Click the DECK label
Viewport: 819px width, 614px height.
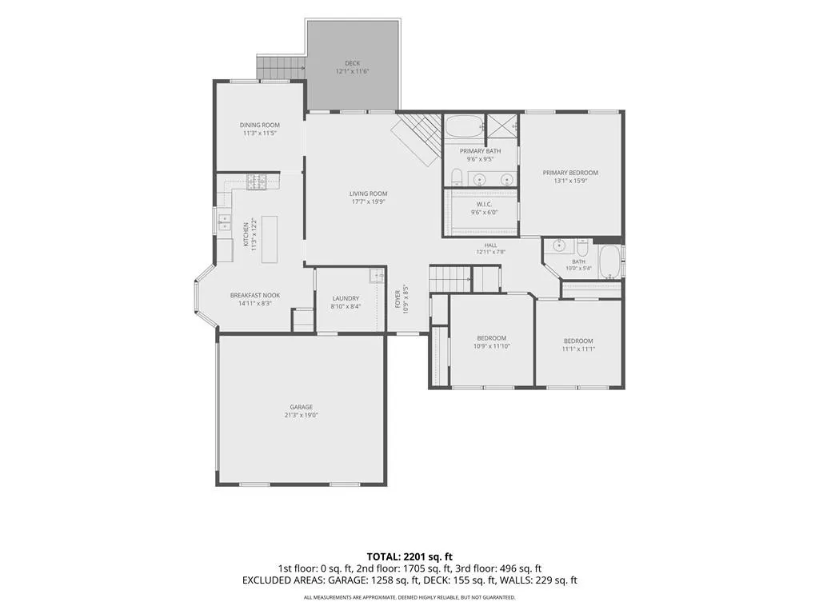tap(352, 63)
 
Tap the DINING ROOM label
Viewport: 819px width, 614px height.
tap(260, 125)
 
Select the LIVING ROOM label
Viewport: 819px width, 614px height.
tap(368, 193)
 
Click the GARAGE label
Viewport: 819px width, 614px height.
tap(302, 407)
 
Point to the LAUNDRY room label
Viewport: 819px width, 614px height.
tap(346, 299)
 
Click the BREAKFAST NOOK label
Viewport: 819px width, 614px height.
tap(255, 296)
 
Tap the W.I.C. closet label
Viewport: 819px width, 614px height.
tap(484, 204)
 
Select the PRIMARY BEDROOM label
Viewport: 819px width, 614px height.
tap(570, 173)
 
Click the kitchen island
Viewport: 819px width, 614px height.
tap(269, 239)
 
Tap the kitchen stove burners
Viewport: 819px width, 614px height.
tap(257, 181)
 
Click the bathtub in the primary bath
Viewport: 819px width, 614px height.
tap(465, 126)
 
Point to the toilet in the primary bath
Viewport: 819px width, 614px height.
tap(456, 178)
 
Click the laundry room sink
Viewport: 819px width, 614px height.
tap(378, 275)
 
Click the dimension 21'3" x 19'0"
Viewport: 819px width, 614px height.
tap(302, 415)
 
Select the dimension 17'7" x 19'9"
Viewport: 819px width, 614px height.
tap(368, 201)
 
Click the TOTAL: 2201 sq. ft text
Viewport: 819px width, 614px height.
tap(409, 556)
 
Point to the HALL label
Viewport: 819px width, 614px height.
tap(490, 245)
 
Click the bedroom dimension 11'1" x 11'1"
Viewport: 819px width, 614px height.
tap(578, 349)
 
